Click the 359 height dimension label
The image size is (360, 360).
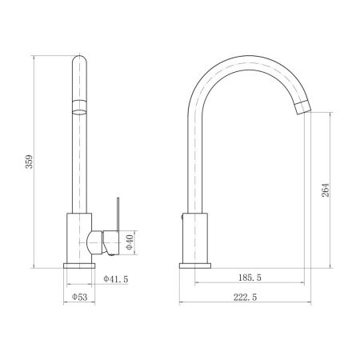(x=29, y=162)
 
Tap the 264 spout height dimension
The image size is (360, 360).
(x=326, y=190)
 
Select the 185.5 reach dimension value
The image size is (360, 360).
(x=250, y=278)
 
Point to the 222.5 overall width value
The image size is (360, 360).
(x=245, y=297)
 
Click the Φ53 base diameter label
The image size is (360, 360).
(x=79, y=297)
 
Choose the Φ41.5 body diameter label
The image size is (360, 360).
(x=116, y=279)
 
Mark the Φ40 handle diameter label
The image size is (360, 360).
(x=130, y=242)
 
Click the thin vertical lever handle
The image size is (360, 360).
(x=118, y=214)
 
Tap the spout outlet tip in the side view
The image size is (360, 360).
(x=304, y=108)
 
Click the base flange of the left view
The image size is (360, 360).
(x=79, y=266)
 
